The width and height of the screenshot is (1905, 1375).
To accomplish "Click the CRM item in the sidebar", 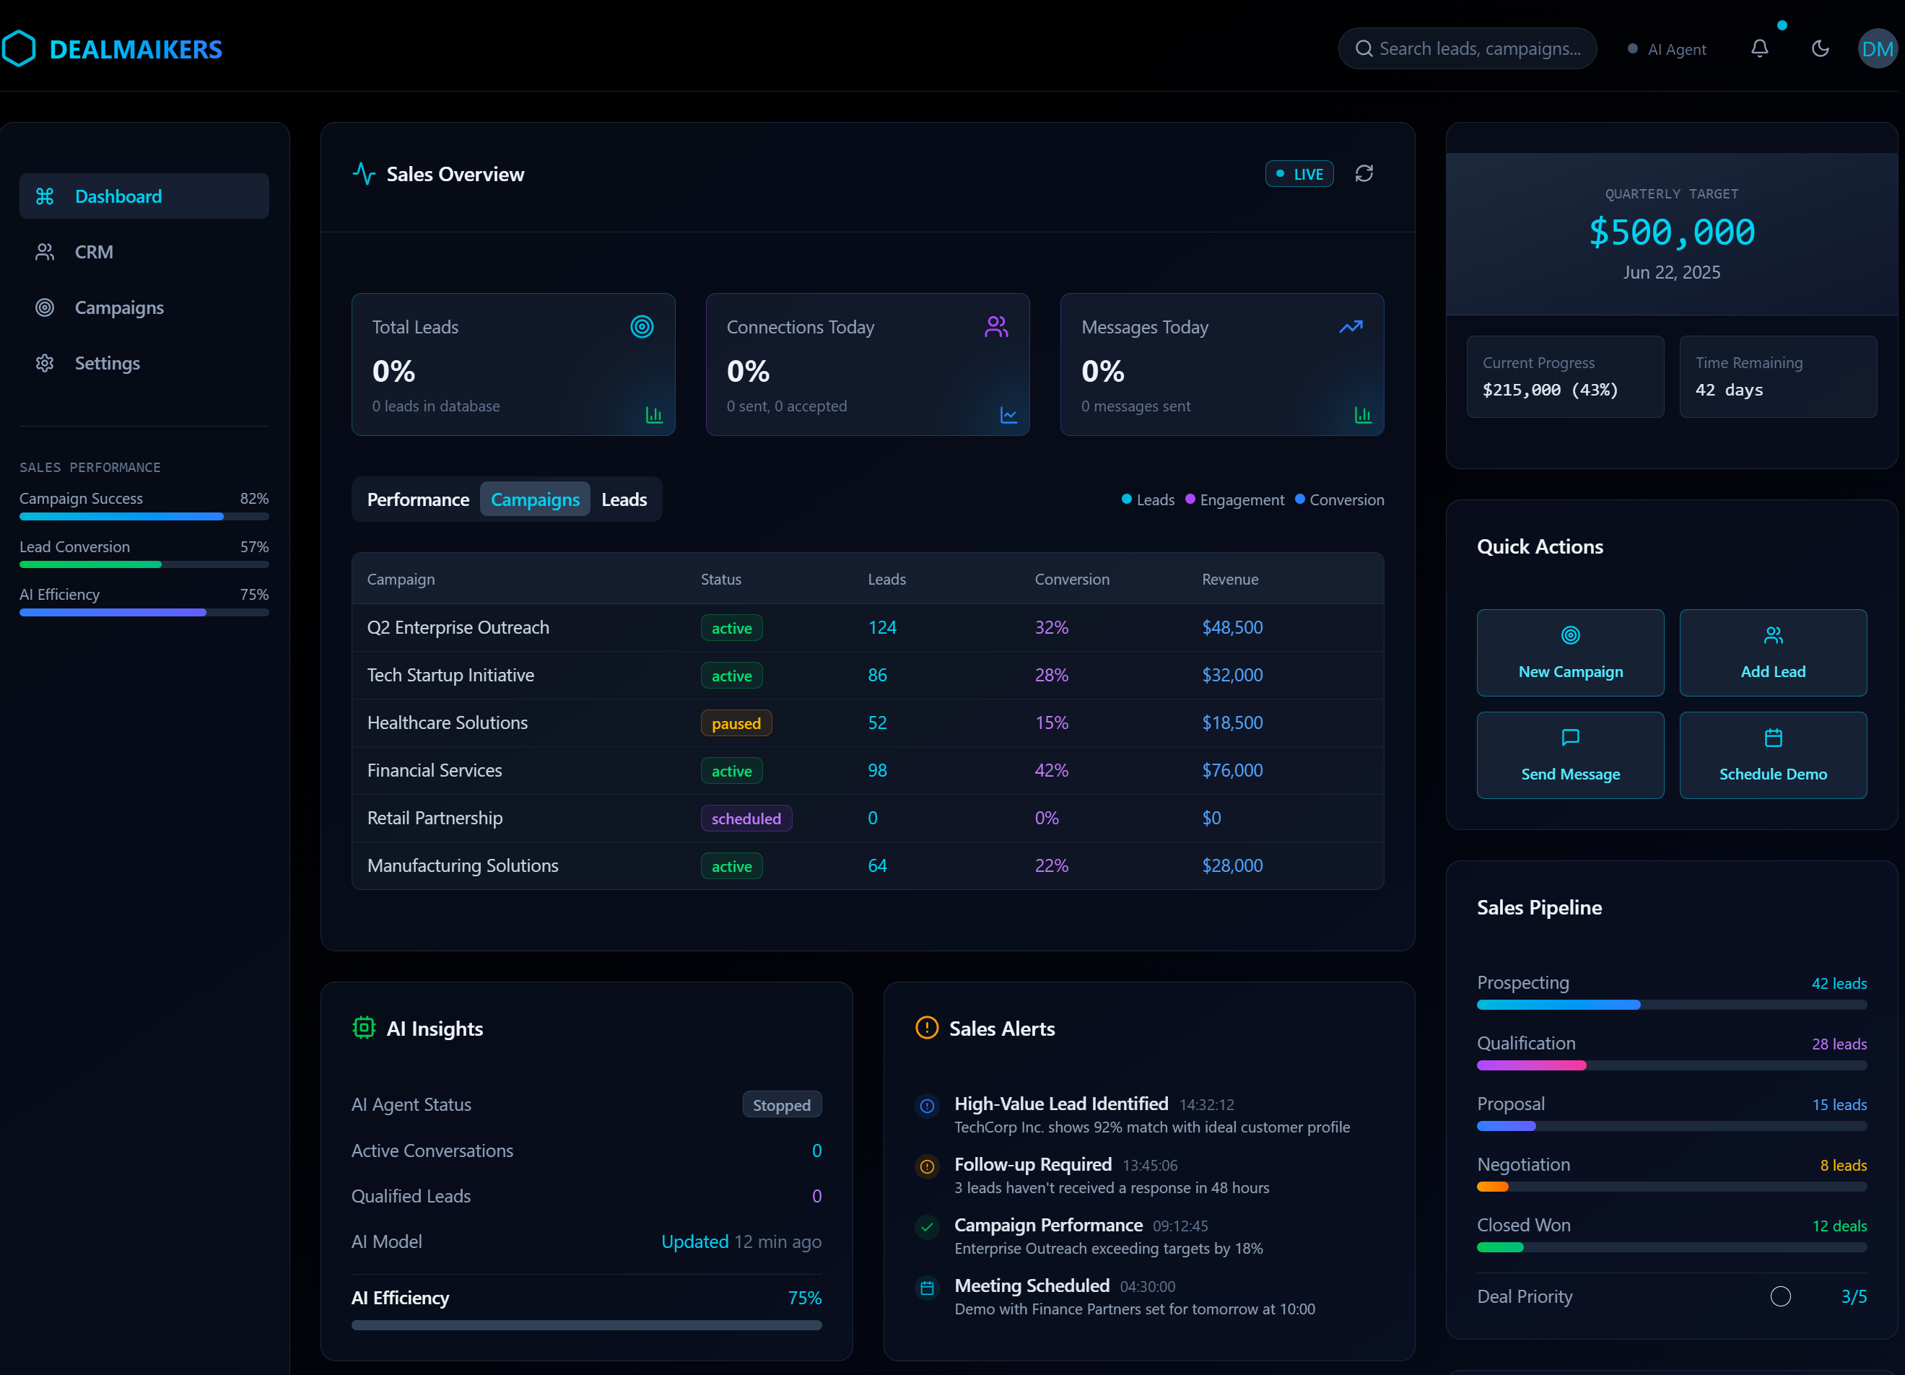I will [x=93, y=252].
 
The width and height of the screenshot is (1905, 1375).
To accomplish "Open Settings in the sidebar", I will [x=107, y=363].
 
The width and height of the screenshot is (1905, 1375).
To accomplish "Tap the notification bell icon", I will [x=1759, y=48].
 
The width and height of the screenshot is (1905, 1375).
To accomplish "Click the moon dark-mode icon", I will [x=1819, y=48].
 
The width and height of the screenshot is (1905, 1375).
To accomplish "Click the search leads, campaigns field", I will [x=1478, y=48].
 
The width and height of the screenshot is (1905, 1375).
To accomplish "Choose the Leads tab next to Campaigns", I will [x=624, y=499].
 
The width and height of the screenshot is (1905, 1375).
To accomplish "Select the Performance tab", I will [x=417, y=499].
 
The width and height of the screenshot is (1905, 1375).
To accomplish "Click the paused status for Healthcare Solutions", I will [x=736, y=723].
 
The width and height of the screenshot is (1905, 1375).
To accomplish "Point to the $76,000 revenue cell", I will [x=1232, y=770].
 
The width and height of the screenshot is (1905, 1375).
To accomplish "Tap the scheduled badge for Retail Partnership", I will [x=746, y=818].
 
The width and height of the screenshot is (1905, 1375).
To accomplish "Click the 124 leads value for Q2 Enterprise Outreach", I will [x=882, y=627].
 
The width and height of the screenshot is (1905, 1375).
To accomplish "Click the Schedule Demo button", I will [x=1772, y=755].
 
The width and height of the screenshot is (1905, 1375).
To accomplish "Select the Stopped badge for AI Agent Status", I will [x=781, y=1104].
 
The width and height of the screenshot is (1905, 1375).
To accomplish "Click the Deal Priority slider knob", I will [x=1780, y=1296].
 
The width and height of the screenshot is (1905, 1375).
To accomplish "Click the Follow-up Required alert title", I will [x=1032, y=1164].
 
